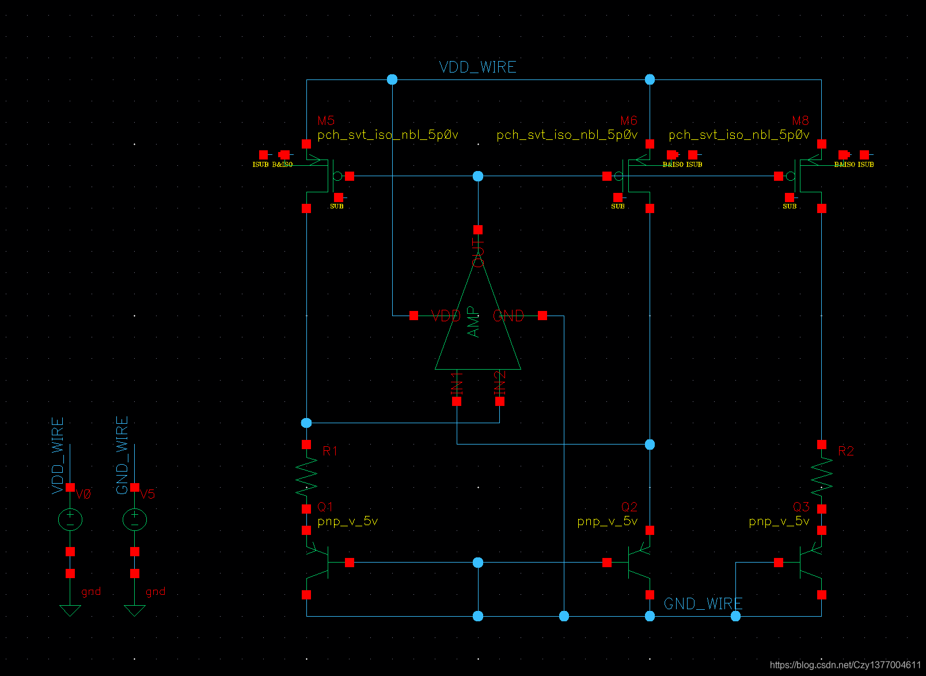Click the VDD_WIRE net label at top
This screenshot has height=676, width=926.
click(x=477, y=67)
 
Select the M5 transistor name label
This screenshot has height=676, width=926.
click(x=326, y=120)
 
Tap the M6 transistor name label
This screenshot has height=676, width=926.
click(x=628, y=120)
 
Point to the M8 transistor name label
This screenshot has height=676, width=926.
click(x=800, y=120)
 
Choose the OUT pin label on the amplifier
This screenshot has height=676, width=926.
click(x=478, y=253)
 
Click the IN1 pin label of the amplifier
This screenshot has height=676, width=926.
click(x=457, y=382)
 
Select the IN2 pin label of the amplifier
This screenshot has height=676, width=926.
click(x=500, y=382)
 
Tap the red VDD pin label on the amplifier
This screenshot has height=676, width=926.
click(x=446, y=316)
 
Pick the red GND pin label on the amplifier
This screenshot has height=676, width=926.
click(x=508, y=316)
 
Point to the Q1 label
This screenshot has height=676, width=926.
click(x=325, y=507)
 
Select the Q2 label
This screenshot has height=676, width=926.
click(x=629, y=507)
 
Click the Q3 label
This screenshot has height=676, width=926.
click(x=801, y=507)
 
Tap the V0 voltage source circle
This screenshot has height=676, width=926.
click(x=70, y=519)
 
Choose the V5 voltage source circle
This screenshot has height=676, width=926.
click(x=135, y=519)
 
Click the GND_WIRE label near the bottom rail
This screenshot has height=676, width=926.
click(x=703, y=603)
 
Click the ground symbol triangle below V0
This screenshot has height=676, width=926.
click(x=70, y=610)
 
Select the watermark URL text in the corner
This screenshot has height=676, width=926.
click(x=845, y=665)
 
